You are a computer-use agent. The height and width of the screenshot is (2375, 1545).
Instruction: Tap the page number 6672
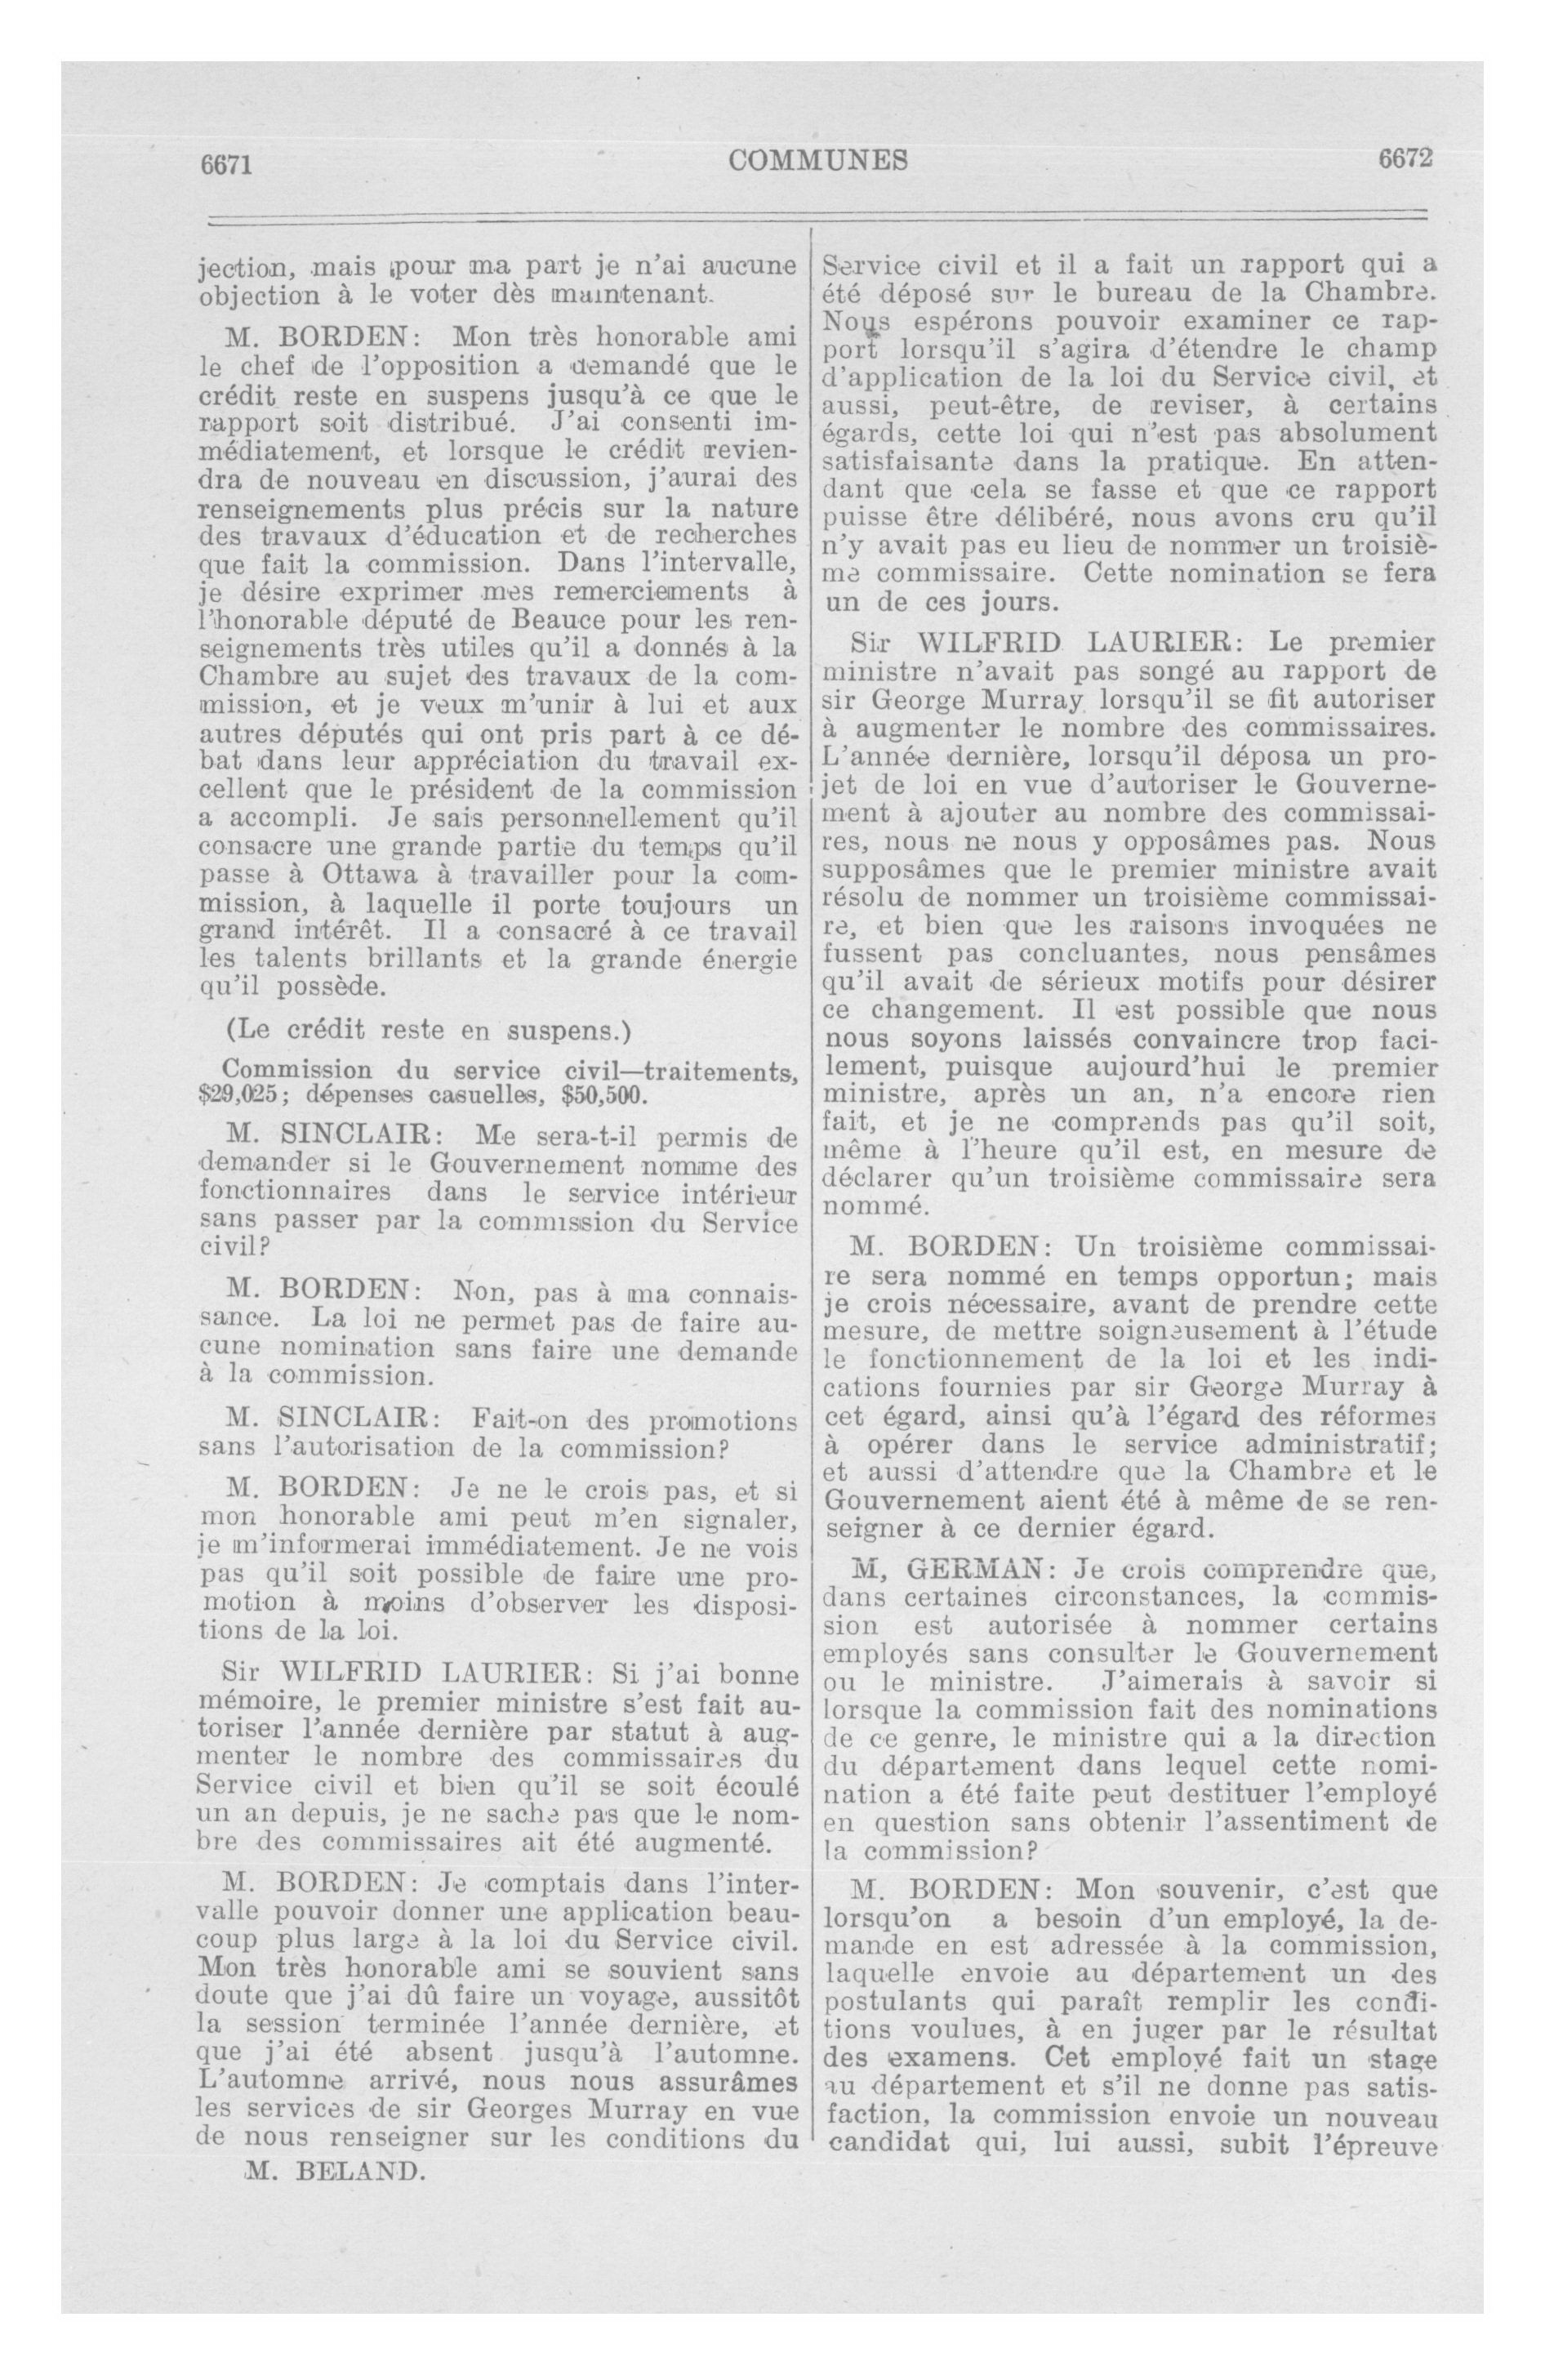click(1405, 158)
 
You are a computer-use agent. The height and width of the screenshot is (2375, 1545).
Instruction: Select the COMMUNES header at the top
click(817, 159)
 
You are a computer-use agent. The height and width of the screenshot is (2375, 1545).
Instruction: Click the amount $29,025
click(237, 1094)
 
